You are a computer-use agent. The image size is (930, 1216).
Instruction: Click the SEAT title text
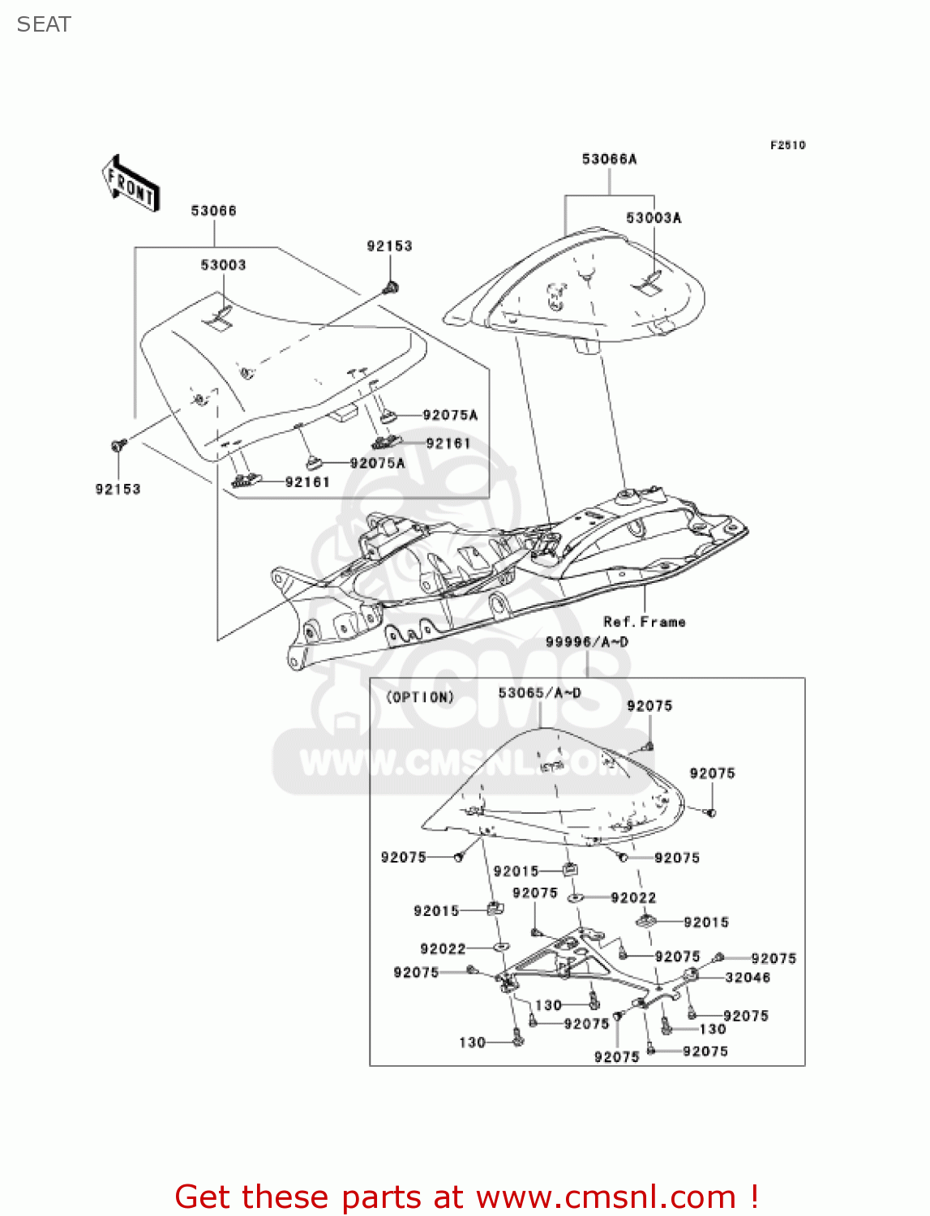44,24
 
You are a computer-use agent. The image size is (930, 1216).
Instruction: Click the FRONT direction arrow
131,183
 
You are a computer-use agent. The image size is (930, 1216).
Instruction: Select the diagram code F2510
787,145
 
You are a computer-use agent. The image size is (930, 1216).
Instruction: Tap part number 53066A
609,159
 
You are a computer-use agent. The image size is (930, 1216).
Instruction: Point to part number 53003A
654,218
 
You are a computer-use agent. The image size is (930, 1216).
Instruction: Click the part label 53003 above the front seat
223,265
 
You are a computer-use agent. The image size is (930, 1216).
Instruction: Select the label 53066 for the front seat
213,211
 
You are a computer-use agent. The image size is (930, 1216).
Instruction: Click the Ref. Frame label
645,622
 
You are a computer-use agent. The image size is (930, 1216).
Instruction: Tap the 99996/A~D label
586,642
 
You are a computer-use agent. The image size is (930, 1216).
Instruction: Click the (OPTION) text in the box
419,697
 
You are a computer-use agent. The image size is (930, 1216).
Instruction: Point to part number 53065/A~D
539,693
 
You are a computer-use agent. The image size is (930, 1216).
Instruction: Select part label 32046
748,978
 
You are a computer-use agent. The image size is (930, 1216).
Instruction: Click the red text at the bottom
466,1197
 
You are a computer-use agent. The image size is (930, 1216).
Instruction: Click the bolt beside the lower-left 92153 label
118,445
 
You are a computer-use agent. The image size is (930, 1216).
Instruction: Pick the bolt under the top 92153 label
392,286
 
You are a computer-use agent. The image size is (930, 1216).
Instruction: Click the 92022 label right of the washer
633,897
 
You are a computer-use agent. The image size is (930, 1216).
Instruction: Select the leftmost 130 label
472,1043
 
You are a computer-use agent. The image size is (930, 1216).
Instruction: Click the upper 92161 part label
448,443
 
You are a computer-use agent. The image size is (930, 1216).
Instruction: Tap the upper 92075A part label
450,415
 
